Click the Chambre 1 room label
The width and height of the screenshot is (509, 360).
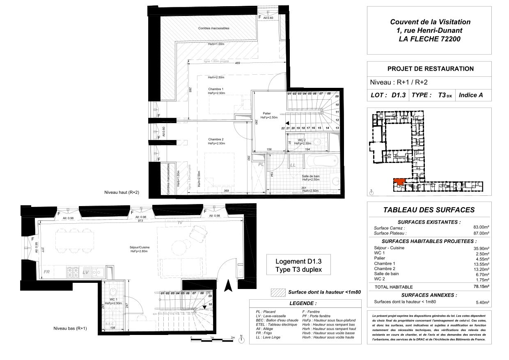pos(216,89)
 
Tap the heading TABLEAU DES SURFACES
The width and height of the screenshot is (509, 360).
pos(429,210)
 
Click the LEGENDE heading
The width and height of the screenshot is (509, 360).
pos(303,304)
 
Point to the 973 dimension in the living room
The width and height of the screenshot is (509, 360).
pos(141,221)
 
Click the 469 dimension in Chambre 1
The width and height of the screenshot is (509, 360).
pos(237,64)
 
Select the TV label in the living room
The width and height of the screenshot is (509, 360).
pos(180,222)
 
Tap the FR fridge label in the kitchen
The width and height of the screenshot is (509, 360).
pos(47,272)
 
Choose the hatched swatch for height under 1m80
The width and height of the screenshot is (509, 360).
pos(278,293)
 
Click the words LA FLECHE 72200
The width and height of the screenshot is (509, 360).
pos(430,39)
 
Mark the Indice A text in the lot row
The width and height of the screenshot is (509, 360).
pos(470,95)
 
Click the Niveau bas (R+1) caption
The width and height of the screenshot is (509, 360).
pos(70,328)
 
